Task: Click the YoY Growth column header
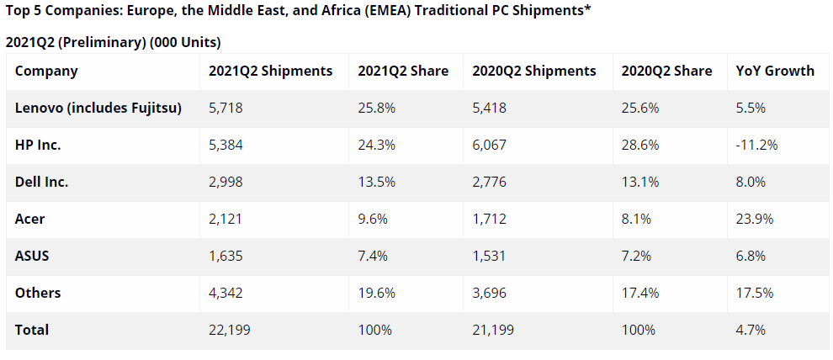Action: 774,71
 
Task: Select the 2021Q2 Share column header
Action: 403,71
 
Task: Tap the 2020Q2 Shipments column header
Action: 534,71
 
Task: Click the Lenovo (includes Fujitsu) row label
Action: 99,108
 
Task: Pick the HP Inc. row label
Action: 39,145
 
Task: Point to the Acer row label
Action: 30,219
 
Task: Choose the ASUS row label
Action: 32,256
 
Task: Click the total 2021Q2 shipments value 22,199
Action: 229,330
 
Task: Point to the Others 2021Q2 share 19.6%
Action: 375,293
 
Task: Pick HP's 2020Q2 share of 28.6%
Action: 639,145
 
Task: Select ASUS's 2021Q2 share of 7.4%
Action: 372,256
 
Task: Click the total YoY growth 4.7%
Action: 751,330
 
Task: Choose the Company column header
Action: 46,71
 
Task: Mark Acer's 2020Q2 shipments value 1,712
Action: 488,219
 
